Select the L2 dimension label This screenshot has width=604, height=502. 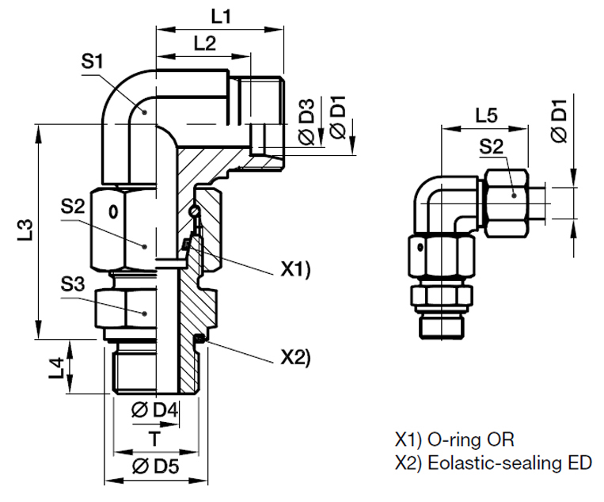pos(204,45)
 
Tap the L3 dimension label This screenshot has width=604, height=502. pos(25,231)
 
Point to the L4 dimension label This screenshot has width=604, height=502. pos(56,367)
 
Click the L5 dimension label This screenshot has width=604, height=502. pos(486,115)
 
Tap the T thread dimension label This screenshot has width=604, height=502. pos(156,438)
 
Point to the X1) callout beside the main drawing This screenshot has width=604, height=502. pos(296,270)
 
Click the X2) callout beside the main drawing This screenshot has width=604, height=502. pos(296,357)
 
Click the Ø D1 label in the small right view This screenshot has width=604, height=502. pos(560,123)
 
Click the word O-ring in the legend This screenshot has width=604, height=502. pos(458,439)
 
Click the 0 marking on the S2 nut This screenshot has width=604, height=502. pos(113,211)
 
